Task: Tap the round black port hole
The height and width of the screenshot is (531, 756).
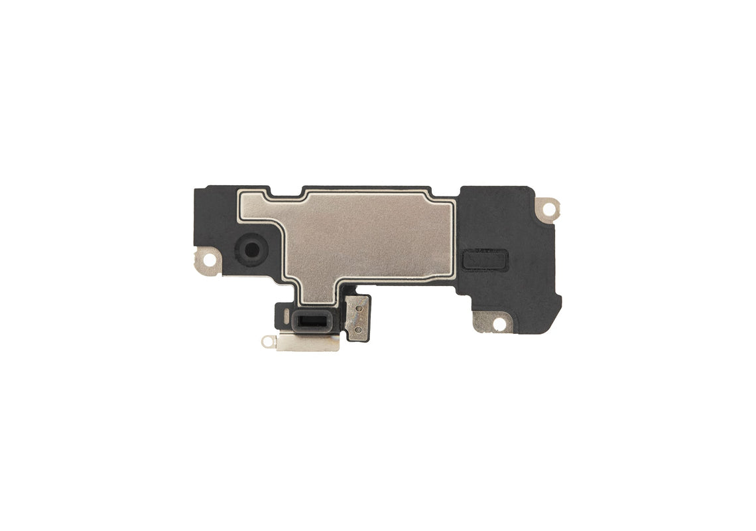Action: coord(251,250)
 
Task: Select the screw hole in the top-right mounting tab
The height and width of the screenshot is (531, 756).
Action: coord(548,207)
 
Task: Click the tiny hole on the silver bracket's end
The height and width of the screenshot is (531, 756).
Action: coord(268,342)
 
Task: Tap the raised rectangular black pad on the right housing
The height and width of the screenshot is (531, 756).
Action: coord(485,260)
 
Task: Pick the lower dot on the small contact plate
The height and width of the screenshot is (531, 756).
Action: coord(358,329)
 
